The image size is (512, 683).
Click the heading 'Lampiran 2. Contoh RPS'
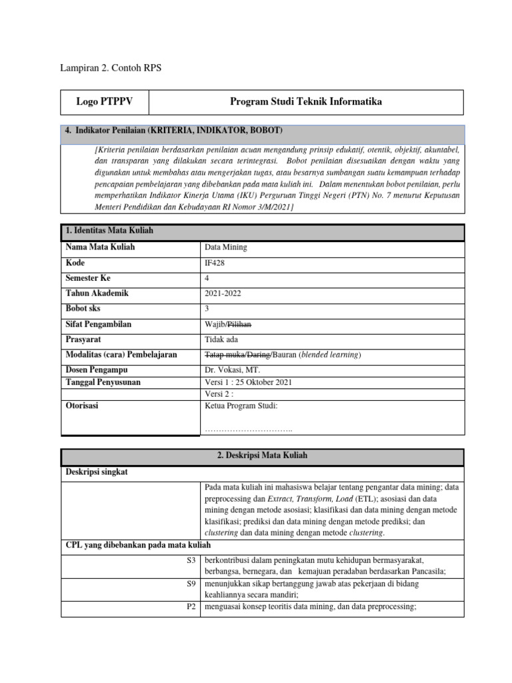pyautogui.click(x=111, y=67)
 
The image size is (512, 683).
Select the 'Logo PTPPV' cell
pyautogui.click(x=105, y=102)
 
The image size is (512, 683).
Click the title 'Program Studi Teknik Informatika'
pyautogui.click(x=306, y=102)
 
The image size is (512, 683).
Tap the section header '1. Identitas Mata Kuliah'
pyautogui.click(x=109, y=231)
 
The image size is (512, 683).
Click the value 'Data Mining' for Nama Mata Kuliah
pyautogui.click(x=226, y=247)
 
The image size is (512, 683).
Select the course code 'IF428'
pyautogui.click(x=215, y=263)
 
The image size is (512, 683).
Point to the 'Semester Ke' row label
pyautogui.click(x=88, y=277)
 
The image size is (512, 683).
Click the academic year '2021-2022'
pyautogui.click(x=223, y=293)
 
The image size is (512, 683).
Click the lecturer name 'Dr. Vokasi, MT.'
pyautogui.click(x=233, y=370)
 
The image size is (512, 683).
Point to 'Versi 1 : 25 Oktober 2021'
pyautogui.click(x=248, y=382)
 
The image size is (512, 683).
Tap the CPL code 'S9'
pyautogui.click(x=189, y=583)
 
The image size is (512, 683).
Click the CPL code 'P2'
pyautogui.click(x=189, y=606)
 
